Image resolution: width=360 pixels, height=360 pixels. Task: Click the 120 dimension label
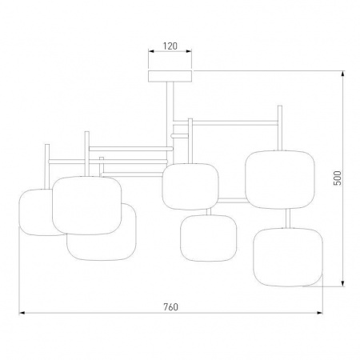[x=170, y=46]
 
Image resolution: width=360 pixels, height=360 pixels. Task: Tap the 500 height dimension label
[x=338, y=178]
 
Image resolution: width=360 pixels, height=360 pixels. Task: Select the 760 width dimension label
[x=170, y=307]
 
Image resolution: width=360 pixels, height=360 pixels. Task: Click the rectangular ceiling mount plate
[x=170, y=76]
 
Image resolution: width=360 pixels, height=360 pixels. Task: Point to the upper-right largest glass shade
[x=280, y=179]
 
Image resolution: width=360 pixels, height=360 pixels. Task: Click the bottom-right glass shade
[x=288, y=257]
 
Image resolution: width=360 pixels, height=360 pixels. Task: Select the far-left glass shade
[x=36, y=212]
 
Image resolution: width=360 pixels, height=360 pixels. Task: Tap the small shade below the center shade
[x=209, y=238]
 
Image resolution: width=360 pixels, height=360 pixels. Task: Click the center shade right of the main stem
[x=190, y=186]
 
